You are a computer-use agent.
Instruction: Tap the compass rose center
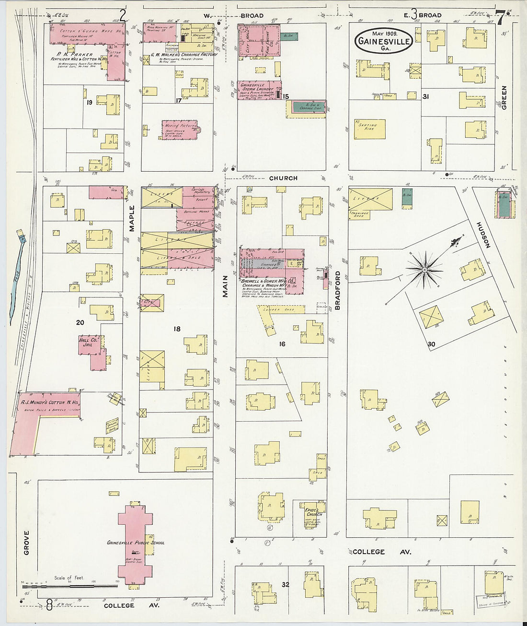point(424,271)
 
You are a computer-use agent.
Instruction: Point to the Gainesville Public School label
point(136,543)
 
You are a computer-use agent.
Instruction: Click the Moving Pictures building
point(180,129)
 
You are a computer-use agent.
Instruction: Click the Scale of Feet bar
point(69,586)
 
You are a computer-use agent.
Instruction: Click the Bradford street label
point(337,290)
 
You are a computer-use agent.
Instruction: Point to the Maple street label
point(132,218)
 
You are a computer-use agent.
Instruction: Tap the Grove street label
point(26,543)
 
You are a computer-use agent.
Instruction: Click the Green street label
point(504,97)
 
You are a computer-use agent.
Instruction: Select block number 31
point(425,96)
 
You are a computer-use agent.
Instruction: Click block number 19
point(89,102)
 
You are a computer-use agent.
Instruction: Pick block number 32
point(286,584)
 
